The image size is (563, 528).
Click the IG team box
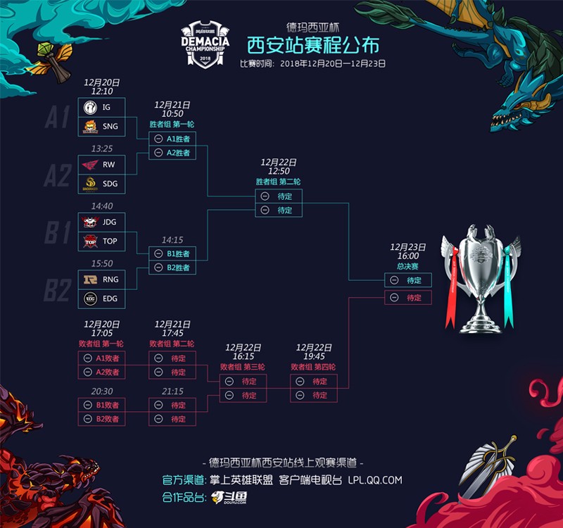pyautogui.click(x=101, y=107)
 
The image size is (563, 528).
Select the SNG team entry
pyautogui.click(x=101, y=127)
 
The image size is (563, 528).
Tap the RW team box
pyautogui.click(x=101, y=165)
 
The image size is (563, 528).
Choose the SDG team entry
pyautogui.click(x=101, y=184)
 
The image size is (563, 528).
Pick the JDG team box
pyautogui.click(x=101, y=222)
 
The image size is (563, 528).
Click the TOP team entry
pyautogui.click(x=101, y=241)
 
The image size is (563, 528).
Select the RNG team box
pyautogui.click(x=101, y=279)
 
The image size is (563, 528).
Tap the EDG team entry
pyautogui.click(x=101, y=298)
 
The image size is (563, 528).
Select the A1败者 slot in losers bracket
pyautogui.click(x=101, y=358)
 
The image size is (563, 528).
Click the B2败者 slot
pyautogui.click(x=101, y=419)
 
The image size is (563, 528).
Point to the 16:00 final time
pyautogui.click(x=408, y=257)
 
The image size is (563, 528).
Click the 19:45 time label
pyautogui.click(x=315, y=357)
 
